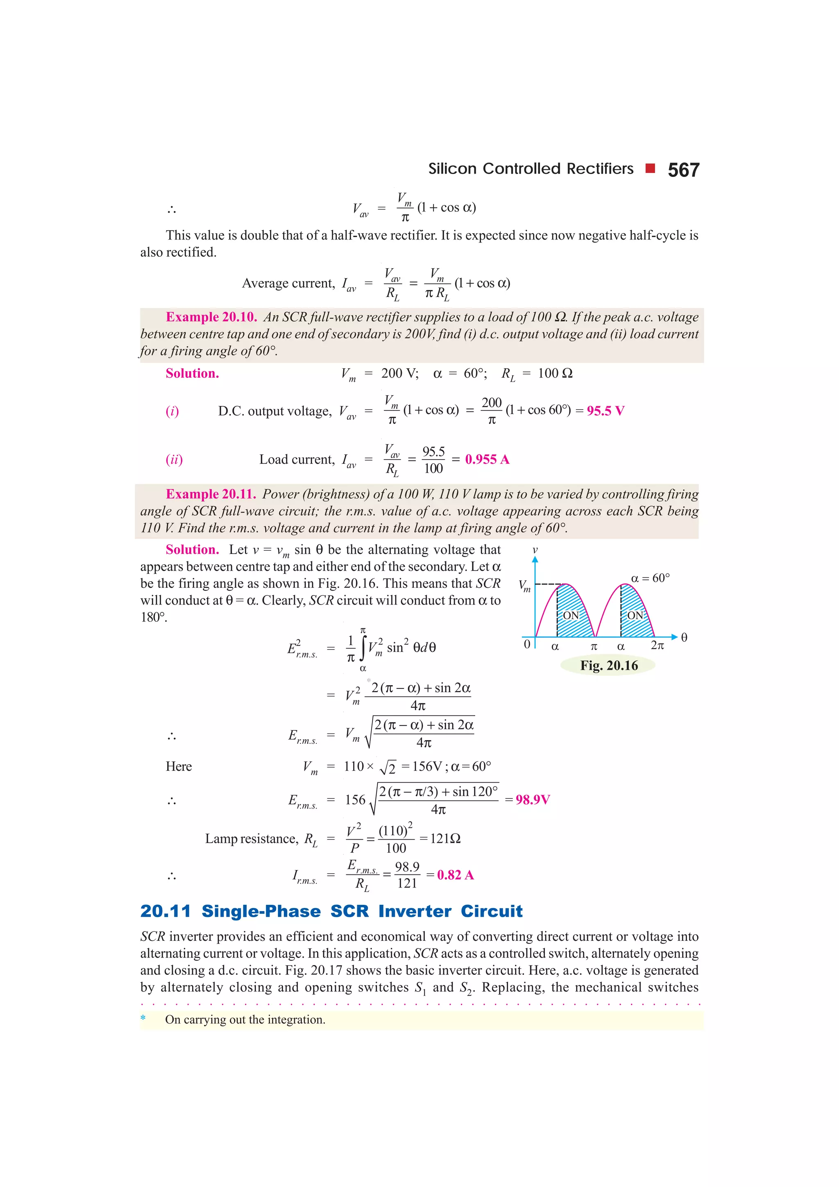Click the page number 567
683,170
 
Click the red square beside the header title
650,168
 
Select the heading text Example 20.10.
211,317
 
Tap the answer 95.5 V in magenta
605,411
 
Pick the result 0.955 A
487,459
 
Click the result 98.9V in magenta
533,800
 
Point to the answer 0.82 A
455,875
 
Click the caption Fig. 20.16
609,665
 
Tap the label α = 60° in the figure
650,578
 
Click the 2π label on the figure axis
657,646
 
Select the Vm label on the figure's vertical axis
524,586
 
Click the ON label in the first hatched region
571,615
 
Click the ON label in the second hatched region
635,615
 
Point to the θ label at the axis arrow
684,637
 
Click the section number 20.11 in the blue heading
166,911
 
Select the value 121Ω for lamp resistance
444,838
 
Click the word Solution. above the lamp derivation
192,550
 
